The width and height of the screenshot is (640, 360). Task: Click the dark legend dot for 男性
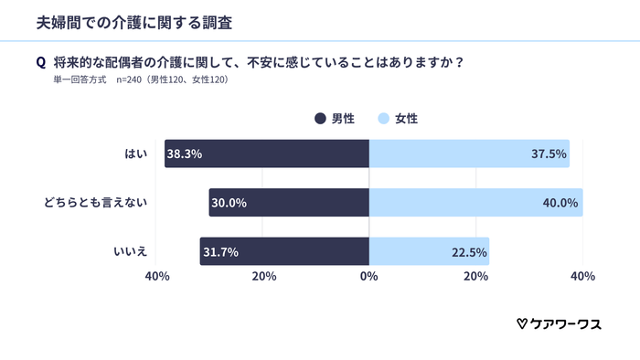pos(320,118)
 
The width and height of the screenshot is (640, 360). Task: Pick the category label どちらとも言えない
pos(96,203)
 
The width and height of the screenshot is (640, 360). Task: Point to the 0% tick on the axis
pos(369,276)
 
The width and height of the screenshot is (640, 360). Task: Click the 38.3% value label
pos(185,154)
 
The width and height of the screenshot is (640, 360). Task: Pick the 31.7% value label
pos(220,251)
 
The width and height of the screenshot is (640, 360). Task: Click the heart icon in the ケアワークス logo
pos(521,323)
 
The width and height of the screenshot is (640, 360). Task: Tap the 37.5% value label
pos(549,154)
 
